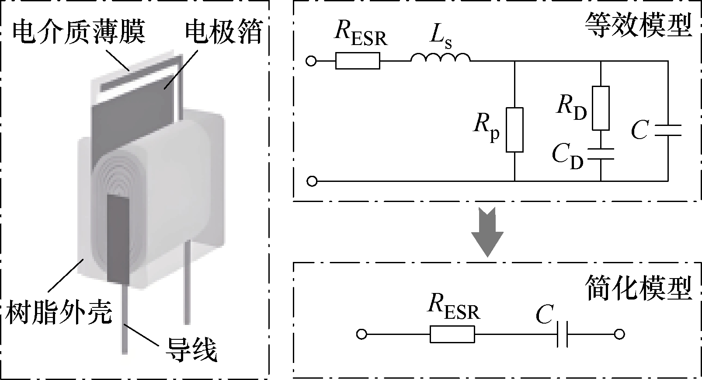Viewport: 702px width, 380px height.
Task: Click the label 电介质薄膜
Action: (x=79, y=32)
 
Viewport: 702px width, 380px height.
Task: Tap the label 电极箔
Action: (x=223, y=32)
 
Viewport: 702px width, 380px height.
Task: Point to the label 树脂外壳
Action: (x=59, y=312)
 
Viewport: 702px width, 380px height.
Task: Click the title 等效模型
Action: (x=638, y=26)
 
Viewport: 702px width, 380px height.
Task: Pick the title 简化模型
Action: (x=638, y=289)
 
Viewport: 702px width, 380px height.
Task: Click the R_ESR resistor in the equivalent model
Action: (x=358, y=61)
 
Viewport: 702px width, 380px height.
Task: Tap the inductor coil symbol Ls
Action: (x=440, y=58)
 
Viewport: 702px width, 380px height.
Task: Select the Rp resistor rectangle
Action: (x=514, y=130)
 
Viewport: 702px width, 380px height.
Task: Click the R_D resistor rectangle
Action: (x=601, y=108)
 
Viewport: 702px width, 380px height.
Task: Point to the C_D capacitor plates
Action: (x=601, y=154)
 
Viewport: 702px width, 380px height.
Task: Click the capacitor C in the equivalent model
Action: (x=668, y=130)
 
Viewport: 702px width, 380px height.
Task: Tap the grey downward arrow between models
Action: (x=487, y=232)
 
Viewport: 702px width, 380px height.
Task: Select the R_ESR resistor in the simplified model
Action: (x=452, y=334)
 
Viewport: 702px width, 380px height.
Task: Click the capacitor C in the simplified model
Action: (x=563, y=335)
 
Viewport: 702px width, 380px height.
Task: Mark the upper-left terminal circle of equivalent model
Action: (x=311, y=61)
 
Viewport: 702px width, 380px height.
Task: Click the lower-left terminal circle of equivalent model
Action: (x=312, y=181)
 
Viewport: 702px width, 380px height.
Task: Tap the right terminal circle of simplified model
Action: (x=619, y=334)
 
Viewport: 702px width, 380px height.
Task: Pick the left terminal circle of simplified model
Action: (x=361, y=334)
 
